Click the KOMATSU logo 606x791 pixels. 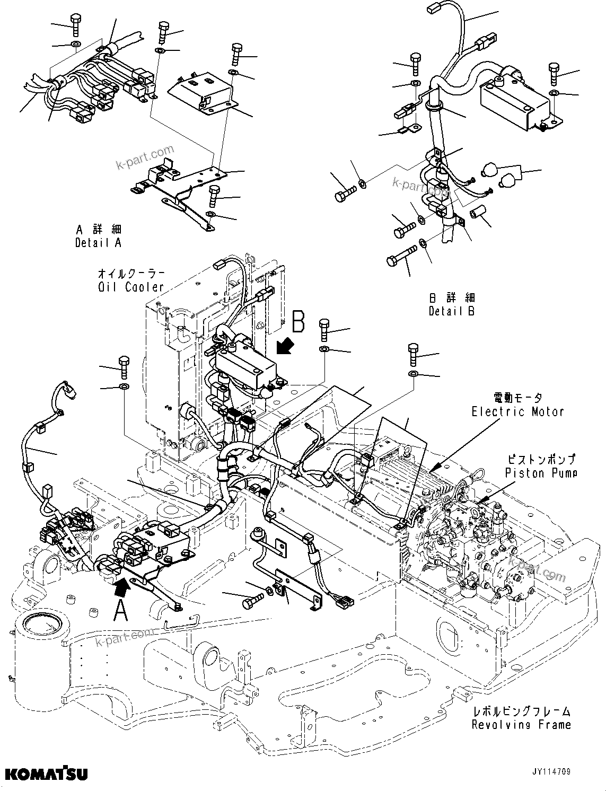pos(46,774)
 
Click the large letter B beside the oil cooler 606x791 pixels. pos(298,321)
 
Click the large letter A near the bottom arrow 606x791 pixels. pos(121,610)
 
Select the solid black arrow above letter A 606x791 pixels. pos(121,585)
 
